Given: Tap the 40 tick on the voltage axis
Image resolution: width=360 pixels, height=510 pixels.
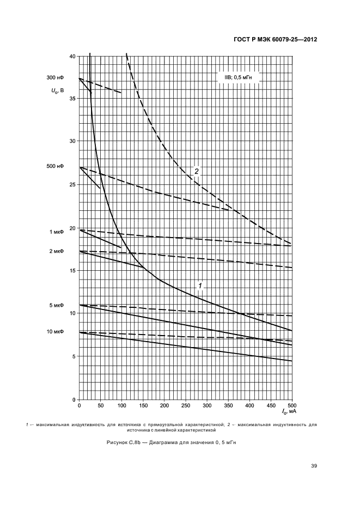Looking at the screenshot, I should (x=72, y=57).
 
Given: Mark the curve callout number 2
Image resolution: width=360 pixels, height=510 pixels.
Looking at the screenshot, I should (x=197, y=171).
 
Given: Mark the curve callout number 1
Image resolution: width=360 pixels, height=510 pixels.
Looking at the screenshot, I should (x=200, y=286).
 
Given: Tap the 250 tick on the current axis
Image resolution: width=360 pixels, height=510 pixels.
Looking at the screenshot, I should (x=186, y=406).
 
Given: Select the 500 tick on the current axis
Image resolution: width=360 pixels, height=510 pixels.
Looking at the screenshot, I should (x=291, y=406).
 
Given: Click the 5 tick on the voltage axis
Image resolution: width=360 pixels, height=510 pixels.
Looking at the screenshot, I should (x=74, y=356).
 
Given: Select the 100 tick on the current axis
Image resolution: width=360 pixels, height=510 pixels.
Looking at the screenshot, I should (x=122, y=406).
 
